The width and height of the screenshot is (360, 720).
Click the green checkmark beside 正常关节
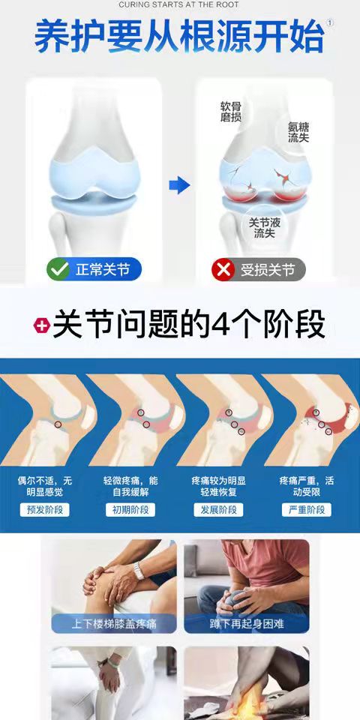tap(58, 269)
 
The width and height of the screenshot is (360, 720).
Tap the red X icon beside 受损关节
tap(223, 269)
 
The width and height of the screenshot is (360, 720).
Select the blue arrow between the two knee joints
tap(179, 185)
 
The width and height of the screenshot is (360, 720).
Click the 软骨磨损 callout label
tap(231, 112)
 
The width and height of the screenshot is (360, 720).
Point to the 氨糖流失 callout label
tap(298, 132)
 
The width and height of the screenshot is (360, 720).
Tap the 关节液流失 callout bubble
tap(265, 227)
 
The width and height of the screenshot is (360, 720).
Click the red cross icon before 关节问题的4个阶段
tap(42, 325)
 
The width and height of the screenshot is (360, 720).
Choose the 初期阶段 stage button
tap(130, 510)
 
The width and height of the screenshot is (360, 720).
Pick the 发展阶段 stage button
tap(218, 510)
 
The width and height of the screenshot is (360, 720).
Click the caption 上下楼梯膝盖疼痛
tap(113, 624)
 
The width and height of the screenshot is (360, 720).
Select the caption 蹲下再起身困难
tap(247, 624)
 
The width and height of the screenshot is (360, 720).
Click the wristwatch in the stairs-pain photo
tap(139, 571)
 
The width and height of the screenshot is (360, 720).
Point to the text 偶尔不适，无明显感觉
tap(44, 486)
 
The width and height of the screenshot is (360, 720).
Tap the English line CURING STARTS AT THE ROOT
tap(179, 4)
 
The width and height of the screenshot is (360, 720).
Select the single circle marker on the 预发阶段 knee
tap(58, 424)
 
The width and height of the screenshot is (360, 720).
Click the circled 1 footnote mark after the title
tap(330, 23)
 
